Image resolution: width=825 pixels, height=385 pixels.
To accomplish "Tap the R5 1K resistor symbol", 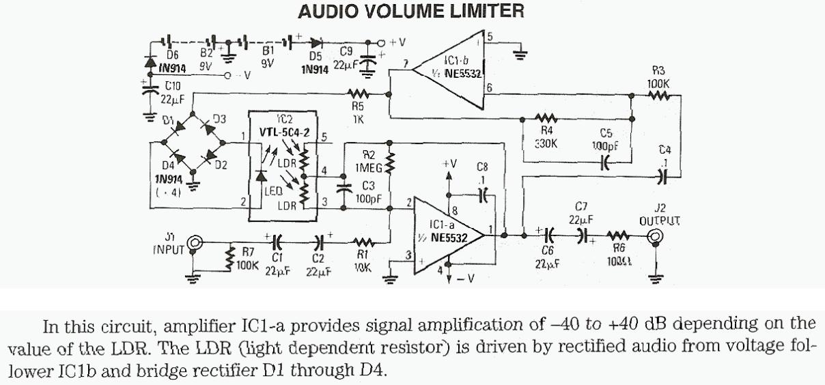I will coord(359,94).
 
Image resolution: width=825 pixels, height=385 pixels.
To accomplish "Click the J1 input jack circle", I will coord(195,242).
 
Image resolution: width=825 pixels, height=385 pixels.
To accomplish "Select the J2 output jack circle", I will coord(657,236).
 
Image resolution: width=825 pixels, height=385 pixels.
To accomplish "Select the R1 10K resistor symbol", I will coord(363,242).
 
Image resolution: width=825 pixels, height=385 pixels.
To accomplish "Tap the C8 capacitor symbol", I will coord(484,193).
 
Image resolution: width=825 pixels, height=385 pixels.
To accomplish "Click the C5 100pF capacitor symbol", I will coord(604,162).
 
